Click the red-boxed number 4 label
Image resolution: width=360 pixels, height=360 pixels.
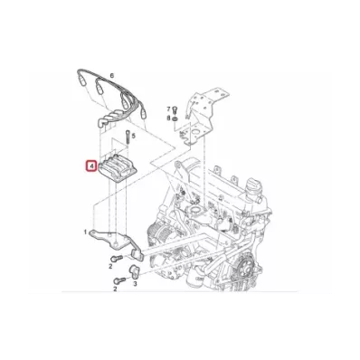click(90, 166)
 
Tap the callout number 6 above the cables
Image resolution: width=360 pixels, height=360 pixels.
click(112, 76)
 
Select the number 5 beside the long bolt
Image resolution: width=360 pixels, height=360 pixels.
click(134, 137)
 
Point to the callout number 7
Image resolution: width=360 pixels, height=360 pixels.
click(169, 109)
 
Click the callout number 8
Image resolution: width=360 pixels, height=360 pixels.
click(169, 118)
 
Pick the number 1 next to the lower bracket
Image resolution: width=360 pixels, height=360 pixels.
click(86, 232)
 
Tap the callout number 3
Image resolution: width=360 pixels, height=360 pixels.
click(135, 283)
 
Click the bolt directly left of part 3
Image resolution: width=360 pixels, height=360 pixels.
click(118, 280)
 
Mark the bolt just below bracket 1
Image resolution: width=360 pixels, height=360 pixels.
click(116, 258)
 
